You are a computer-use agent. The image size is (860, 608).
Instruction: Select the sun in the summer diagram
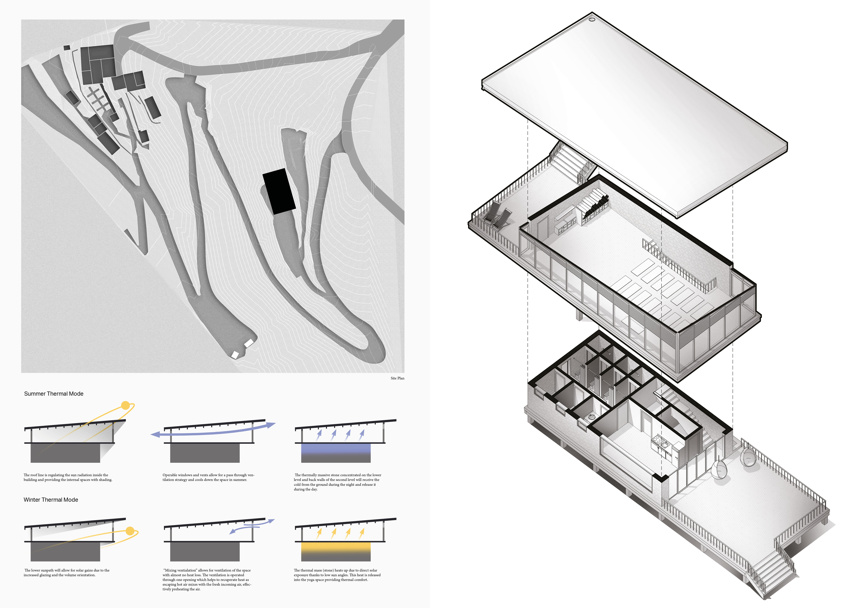(125, 405)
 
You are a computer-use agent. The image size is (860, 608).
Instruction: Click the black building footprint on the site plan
(279, 191)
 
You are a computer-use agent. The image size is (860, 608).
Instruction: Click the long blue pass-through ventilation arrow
(213, 431)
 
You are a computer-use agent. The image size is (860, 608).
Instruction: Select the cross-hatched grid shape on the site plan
(99, 98)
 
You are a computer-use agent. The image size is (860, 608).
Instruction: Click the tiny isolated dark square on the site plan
(67, 48)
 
